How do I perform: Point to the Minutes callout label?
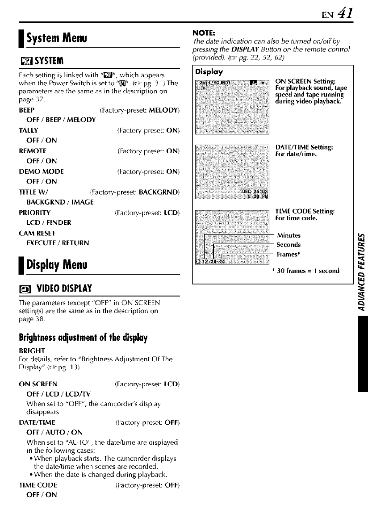289,235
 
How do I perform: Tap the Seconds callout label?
289,245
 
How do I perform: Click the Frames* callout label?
289,254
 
